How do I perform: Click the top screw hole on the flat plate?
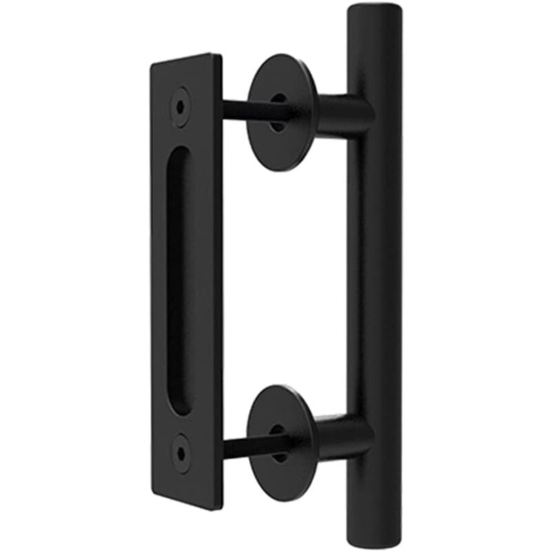point(181,106)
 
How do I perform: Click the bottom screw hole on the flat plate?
point(181,453)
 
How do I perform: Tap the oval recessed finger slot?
point(179,279)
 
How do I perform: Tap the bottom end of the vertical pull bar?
point(375,542)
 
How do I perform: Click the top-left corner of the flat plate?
point(152,64)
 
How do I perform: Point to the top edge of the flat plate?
point(186,59)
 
